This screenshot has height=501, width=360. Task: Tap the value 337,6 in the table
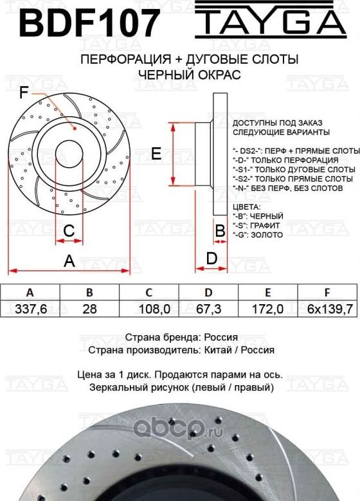[30, 309]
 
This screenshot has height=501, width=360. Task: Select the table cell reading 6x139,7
[329, 309]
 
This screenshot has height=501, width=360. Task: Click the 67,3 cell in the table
[208, 309]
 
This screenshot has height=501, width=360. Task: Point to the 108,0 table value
[154, 309]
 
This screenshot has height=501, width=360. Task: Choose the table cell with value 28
[90, 309]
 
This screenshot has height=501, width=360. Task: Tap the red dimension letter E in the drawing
[155, 153]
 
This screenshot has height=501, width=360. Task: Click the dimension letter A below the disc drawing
[69, 261]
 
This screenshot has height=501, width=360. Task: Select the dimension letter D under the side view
[211, 259]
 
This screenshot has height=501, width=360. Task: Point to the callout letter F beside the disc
[23, 93]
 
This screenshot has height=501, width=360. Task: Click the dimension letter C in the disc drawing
[69, 230]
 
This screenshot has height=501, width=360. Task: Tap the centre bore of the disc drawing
[69, 154]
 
